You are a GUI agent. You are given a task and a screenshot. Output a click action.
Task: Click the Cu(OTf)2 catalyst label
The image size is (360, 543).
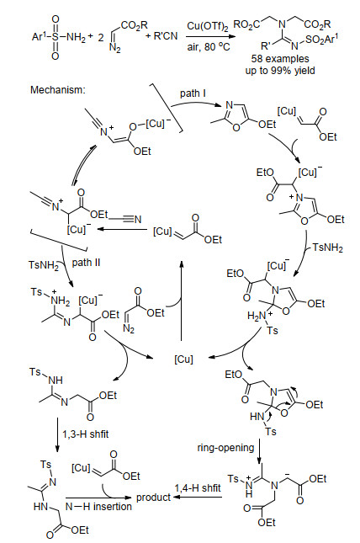(x=208, y=27)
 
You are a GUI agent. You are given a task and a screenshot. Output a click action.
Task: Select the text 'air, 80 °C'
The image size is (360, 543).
(x=209, y=46)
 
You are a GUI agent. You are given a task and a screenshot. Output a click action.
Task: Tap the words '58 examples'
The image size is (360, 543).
(x=280, y=59)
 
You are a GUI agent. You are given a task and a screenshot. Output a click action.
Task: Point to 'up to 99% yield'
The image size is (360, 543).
(x=280, y=71)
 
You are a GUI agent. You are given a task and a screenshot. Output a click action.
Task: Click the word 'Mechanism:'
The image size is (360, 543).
(x=57, y=90)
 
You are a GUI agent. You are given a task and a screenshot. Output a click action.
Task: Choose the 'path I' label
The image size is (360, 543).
(x=193, y=93)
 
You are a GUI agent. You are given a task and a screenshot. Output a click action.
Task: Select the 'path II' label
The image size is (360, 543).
(x=86, y=263)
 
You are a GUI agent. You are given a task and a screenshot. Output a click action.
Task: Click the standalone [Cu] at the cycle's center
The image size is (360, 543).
(x=183, y=359)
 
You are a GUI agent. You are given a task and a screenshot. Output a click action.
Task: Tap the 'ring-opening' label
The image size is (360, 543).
(x=225, y=448)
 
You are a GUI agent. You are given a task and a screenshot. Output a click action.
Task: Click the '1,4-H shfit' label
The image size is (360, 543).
(x=198, y=488)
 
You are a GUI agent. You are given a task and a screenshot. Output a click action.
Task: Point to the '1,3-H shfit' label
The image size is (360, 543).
(x=86, y=434)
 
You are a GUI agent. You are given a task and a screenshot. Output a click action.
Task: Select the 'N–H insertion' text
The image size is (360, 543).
(x=98, y=507)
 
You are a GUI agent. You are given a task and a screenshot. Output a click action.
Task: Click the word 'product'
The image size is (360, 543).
(x=153, y=498)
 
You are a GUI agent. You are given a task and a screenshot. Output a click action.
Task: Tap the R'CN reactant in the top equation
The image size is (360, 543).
(x=166, y=35)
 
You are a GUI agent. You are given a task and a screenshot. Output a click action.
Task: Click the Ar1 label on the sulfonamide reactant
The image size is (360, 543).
(x=37, y=35)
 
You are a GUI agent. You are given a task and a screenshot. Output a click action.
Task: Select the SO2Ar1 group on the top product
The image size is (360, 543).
(x=319, y=40)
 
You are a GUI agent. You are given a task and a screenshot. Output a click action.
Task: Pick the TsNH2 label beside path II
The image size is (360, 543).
(x=44, y=265)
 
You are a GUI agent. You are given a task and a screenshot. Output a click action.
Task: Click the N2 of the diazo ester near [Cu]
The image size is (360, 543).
(x=129, y=327)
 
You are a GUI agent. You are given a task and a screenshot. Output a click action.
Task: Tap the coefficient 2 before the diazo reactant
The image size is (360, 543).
(x=101, y=37)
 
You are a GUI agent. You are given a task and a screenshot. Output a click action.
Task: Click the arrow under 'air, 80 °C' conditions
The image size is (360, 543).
(x=209, y=37)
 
